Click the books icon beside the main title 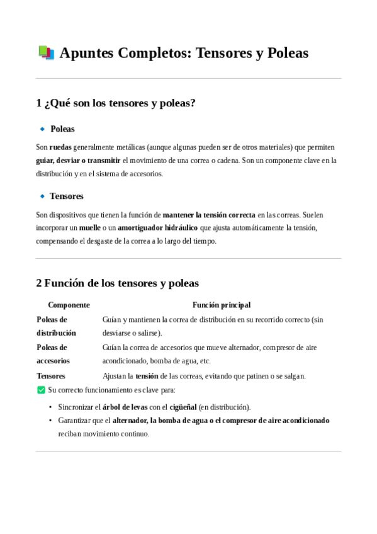click(46, 53)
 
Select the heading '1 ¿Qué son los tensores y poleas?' click(116, 103)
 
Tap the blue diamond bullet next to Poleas click(42, 128)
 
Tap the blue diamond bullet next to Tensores click(42, 196)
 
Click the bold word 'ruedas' click(60, 147)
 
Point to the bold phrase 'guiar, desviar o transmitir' click(78, 161)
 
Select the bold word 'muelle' click(89, 227)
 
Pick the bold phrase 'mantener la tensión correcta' click(209, 215)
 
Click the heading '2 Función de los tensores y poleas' click(117, 283)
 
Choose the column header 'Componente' click(69, 305)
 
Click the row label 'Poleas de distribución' click(56, 326)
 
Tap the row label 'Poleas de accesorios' click(53, 354)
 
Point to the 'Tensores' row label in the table click(51, 376)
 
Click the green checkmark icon click(41, 390)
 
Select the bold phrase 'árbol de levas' click(125, 407)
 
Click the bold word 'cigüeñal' click(183, 407)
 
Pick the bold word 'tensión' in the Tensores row click(147, 376)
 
